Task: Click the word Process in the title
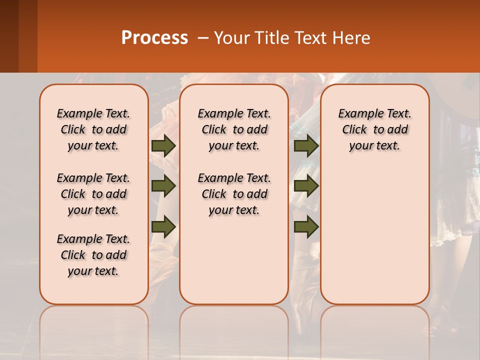pos(154,38)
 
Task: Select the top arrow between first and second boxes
pos(163,145)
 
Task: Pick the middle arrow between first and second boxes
pos(163,186)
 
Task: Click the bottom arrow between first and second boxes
pos(163,226)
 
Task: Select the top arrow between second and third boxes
pos(306,145)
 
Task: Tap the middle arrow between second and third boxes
pos(306,186)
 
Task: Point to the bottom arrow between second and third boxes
pos(306,226)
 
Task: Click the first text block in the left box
pos(93,129)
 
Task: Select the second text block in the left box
pos(93,194)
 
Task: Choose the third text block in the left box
pos(93,255)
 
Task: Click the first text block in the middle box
pos(234,129)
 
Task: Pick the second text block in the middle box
pos(234,194)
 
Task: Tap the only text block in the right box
pos(375,129)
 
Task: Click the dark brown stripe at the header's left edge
pos(9,36)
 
